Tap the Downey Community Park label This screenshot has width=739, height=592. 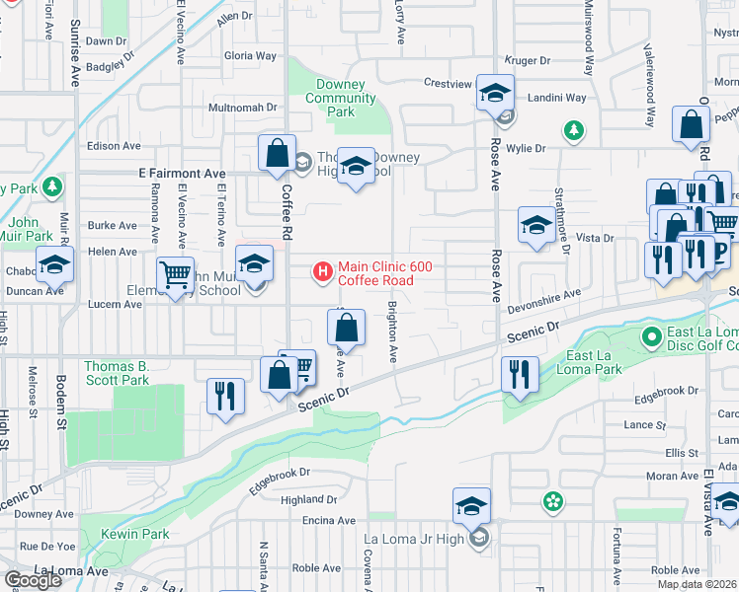point(341,99)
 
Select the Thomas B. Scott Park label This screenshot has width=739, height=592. point(116,373)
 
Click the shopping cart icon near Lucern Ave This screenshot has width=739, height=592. point(176,275)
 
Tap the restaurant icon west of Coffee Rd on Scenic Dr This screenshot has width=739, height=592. point(225,397)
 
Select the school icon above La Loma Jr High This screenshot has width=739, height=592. point(472,505)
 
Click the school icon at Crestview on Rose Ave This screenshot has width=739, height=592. point(495,94)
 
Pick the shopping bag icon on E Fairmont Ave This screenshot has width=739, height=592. point(277,154)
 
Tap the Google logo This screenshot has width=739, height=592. point(33,580)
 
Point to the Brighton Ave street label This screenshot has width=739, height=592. point(393,332)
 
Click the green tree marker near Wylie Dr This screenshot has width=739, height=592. point(572,129)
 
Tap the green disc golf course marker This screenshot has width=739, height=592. point(651,338)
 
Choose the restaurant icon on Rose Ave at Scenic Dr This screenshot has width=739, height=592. point(520,375)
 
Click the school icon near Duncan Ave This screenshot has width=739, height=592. point(54,264)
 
